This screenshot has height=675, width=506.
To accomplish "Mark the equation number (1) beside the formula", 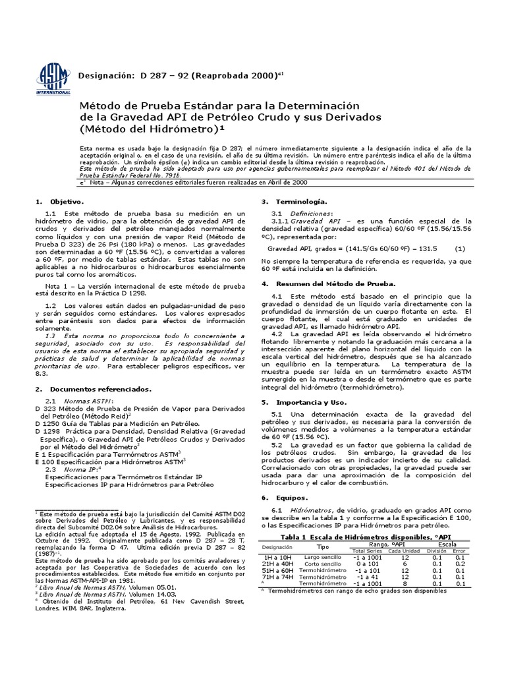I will (460, 249).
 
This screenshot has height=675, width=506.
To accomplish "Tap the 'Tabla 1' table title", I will (300, 537).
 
